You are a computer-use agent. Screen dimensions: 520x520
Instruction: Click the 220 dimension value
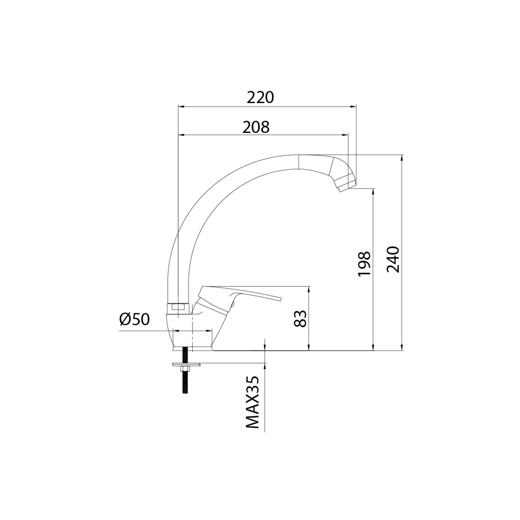coord(260,98)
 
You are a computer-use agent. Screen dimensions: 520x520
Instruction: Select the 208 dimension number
coord(256,127)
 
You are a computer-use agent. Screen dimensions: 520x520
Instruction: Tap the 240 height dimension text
coord(393,259)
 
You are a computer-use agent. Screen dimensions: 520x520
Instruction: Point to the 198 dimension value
coord(364,264)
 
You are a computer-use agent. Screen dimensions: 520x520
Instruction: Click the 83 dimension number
coord(301,319)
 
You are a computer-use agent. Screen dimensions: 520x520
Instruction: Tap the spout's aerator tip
coord(345,184)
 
